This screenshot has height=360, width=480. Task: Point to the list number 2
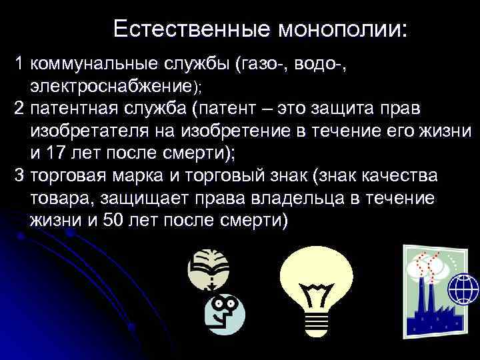20,109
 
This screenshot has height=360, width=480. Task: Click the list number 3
20,177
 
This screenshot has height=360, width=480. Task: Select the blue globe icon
463,289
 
